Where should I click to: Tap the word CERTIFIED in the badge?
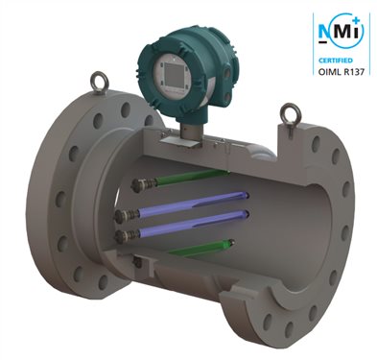[x=336, y=60]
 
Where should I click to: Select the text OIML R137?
[x=342, y=71]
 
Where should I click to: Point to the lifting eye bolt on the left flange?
[x=100, y=82]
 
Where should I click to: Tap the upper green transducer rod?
[x=191, y=177]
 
